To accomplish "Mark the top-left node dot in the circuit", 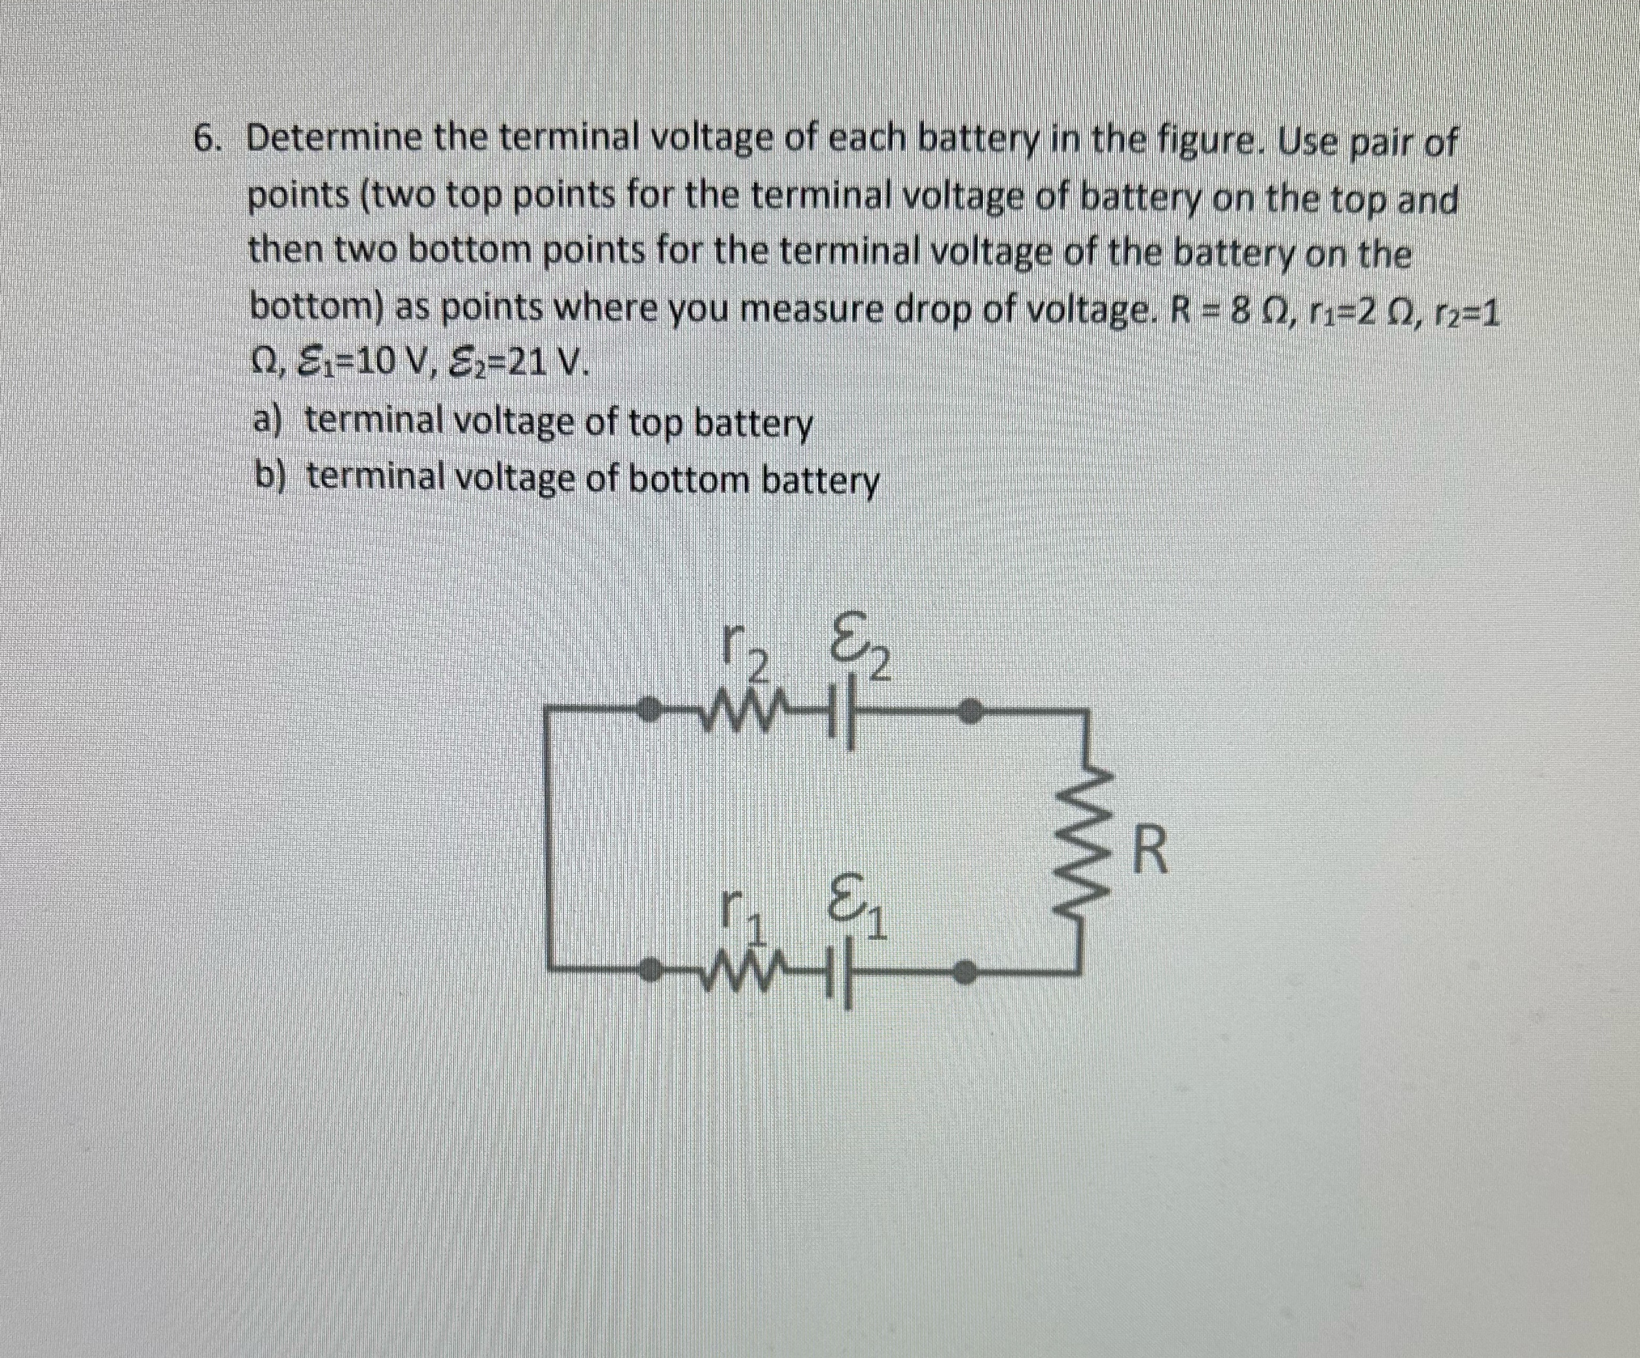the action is tap(647, 710).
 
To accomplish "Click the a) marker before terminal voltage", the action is tap(270, 423).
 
